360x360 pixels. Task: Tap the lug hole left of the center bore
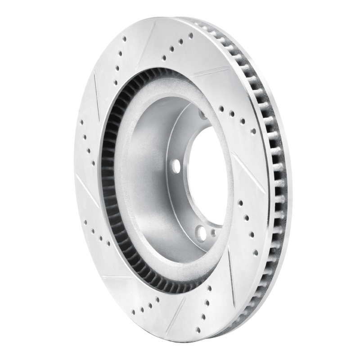click(x=176, y=166)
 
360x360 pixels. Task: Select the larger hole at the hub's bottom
click(x=201, y=233)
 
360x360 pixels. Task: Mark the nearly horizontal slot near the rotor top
click(x=211, y=71)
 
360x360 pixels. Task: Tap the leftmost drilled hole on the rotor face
click(x=81, y=121)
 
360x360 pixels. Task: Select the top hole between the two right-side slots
click(x=241, y=202)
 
